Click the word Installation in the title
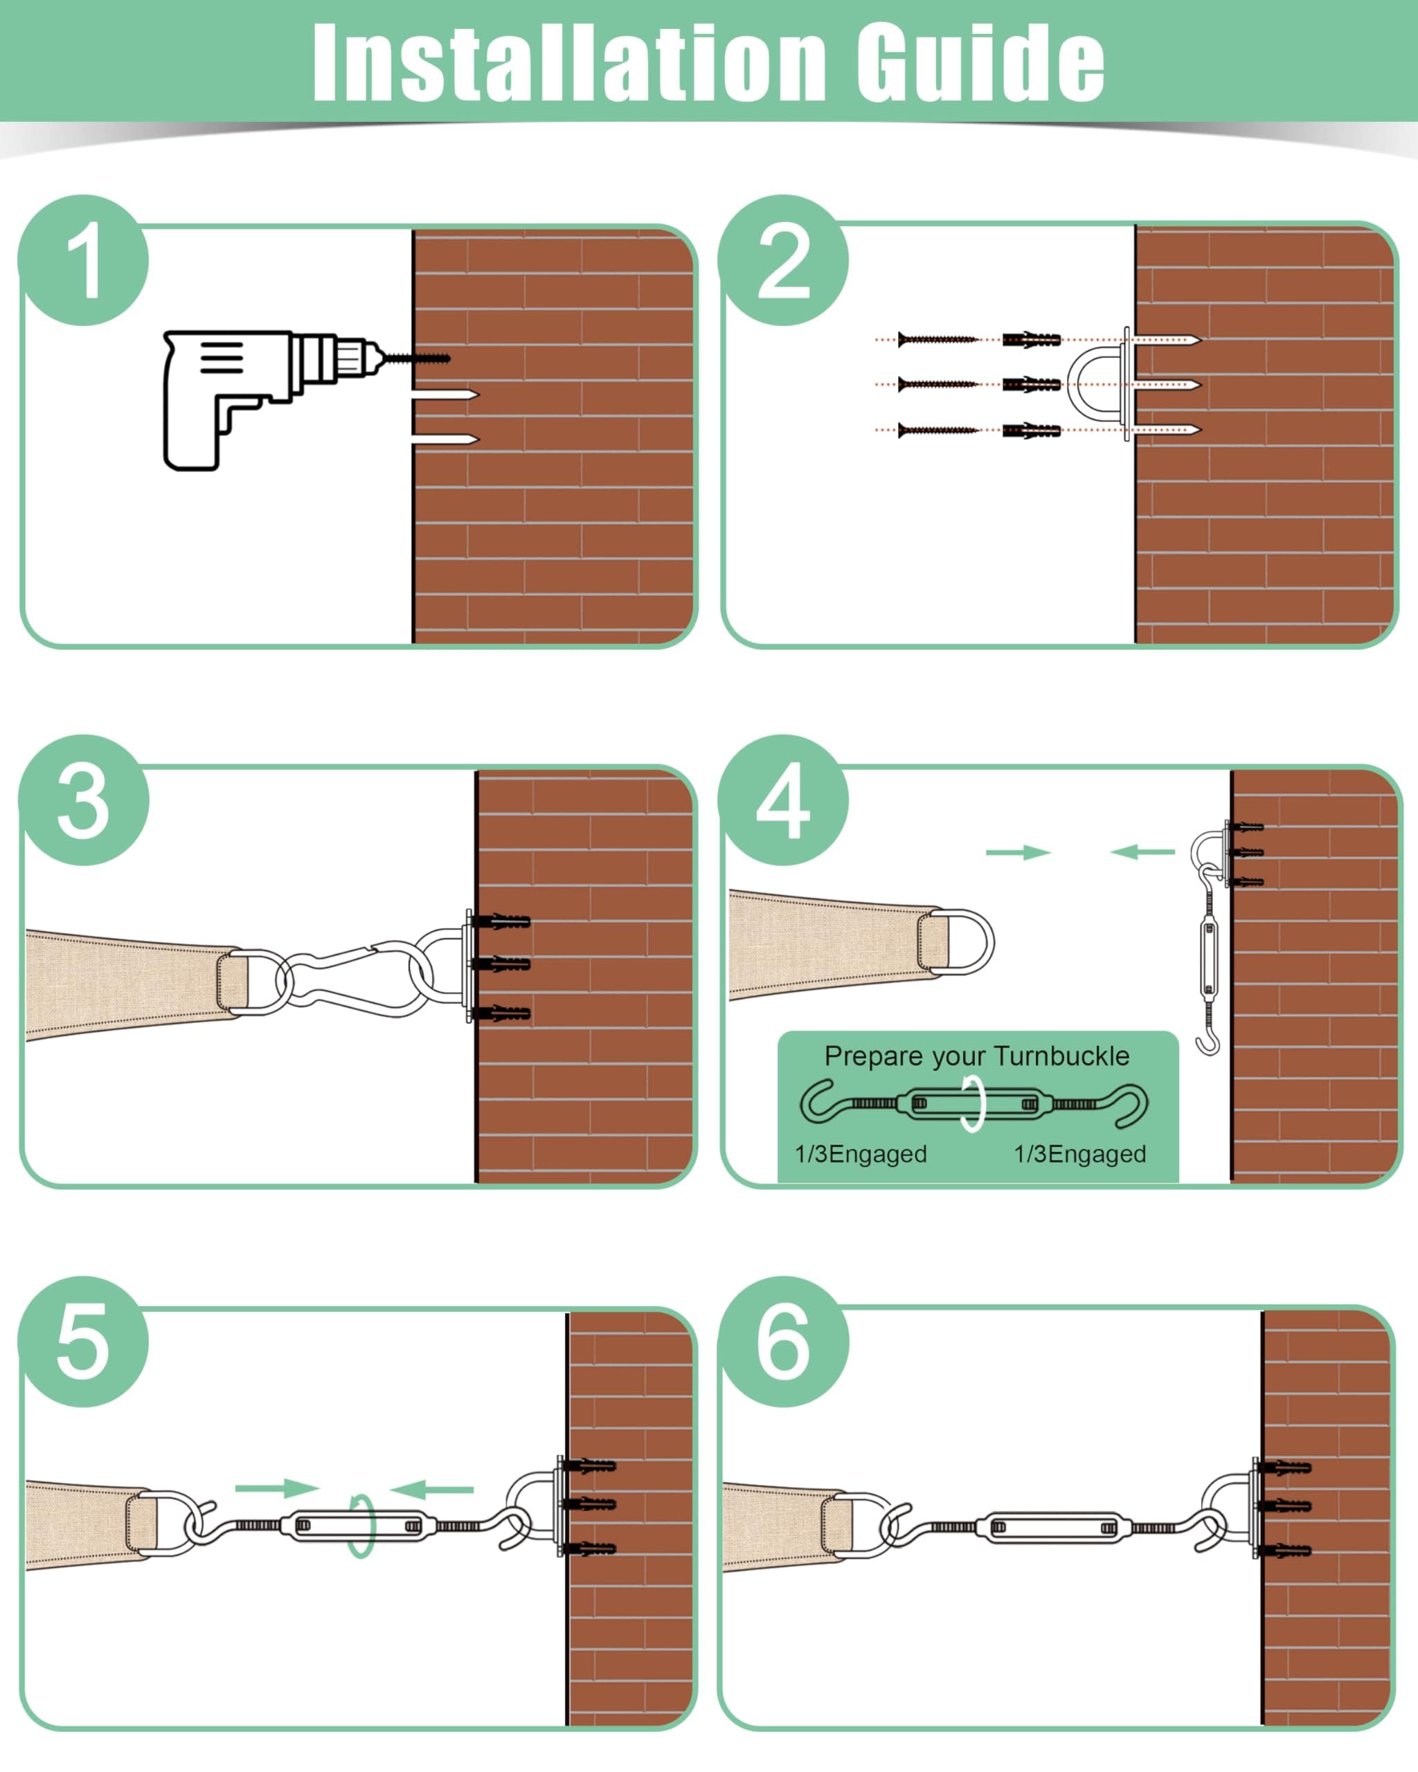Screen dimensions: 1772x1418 click(567, 62)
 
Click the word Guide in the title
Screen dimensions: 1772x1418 click(980, 62)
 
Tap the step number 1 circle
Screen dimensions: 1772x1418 click(84, 260)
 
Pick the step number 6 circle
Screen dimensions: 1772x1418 click(782, 1341)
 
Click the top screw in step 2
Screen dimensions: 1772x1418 click(937, 339)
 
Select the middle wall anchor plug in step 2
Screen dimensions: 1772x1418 click(1032, 385)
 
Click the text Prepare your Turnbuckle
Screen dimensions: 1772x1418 click(976, 1056)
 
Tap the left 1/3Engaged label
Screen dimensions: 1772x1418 click(861, 1154)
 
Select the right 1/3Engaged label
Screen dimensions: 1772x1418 click(1079, 1154)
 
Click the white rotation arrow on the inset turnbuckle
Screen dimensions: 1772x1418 click(973, 1105)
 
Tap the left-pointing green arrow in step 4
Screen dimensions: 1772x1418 click(1142, 852)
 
